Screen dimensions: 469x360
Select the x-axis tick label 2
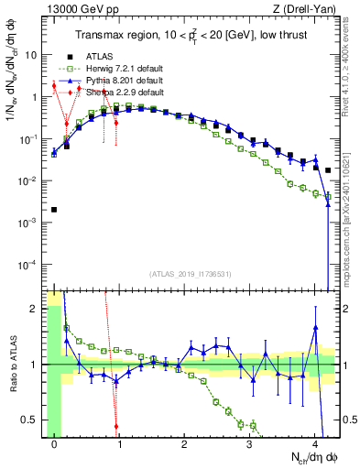click(184, 446)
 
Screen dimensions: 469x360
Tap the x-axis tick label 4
click(314, 446)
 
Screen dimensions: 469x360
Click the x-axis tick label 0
click(55, 446)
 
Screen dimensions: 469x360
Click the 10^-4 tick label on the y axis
click(29, 265)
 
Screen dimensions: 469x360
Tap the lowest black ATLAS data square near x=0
click(54, 210)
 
